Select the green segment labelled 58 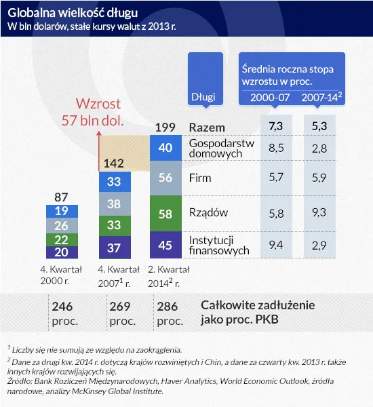(165, 213)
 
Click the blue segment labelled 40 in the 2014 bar (165, 147)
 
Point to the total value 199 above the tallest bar (165, 127)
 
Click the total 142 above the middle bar (114, 163)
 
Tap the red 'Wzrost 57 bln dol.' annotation (99, 112)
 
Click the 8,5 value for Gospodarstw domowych (275, 147)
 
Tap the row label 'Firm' (200, 178)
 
